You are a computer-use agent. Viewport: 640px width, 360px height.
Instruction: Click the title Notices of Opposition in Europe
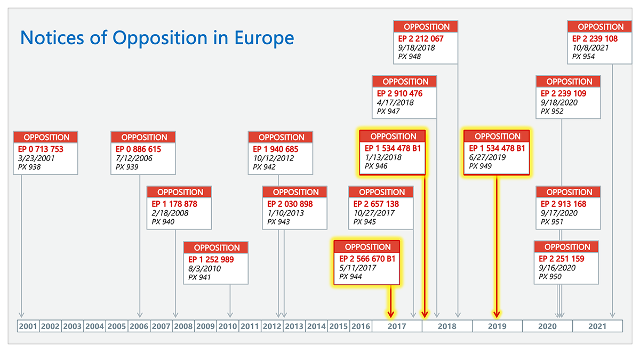pos(157,38)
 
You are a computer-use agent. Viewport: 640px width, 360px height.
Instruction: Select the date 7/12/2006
pos(134,158)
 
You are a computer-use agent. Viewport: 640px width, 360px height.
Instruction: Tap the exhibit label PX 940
pos(163,222)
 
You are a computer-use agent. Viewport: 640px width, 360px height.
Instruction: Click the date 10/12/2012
pos(274,158)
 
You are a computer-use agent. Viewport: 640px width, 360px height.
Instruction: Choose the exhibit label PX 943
pos(278,222)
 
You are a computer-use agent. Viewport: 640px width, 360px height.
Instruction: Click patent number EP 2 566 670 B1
pos(367,259)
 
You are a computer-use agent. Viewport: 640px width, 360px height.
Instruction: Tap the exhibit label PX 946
pos(377,166)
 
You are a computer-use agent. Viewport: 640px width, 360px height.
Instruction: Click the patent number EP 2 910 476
pos(400,93)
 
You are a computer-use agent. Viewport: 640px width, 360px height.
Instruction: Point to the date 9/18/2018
pos(417,48)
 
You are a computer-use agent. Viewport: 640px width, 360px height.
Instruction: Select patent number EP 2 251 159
pos(562,259)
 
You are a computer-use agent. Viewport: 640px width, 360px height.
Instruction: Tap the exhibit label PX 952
pos(552,111)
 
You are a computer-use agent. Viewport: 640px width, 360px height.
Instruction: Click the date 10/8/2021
pos(590,48)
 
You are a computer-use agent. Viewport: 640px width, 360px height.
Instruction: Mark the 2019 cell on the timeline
pos(497,326)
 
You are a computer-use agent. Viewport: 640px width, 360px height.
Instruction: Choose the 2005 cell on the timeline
pos(117,326)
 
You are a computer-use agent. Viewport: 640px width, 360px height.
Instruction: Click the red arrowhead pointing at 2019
pos(497,314)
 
